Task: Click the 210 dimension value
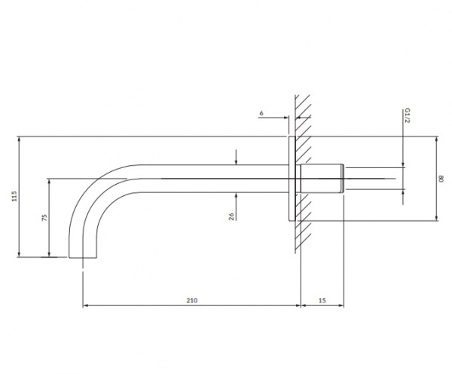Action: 192,300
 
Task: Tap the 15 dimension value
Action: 322,300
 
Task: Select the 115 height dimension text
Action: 14,196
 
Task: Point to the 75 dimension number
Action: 44,217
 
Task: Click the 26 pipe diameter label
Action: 231,216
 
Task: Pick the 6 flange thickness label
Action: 261,113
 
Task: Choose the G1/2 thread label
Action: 407,115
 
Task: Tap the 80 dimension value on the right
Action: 441,179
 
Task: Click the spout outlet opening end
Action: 83,257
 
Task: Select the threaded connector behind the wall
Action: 322,179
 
